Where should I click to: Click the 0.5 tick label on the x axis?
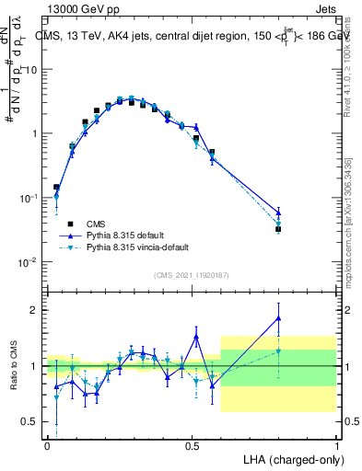(192, 444)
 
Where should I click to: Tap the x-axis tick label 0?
(47, 444)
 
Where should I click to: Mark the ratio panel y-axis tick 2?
(34, 310)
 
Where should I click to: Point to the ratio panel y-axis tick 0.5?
(30, 421)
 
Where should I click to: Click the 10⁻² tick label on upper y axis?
(29, 264)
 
